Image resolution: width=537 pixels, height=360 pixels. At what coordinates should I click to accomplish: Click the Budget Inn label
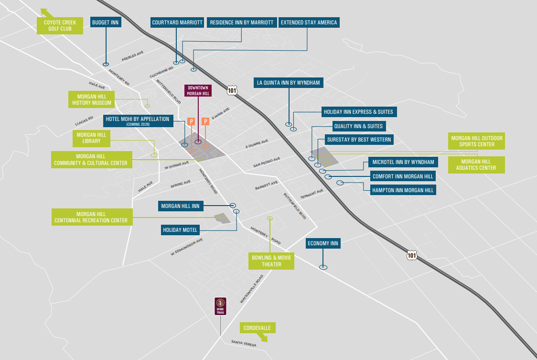106,22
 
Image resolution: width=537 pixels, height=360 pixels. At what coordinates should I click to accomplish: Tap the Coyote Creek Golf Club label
60,25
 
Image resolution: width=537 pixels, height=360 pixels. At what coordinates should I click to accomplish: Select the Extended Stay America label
309,22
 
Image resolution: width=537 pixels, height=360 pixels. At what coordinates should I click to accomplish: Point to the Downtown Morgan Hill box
198,91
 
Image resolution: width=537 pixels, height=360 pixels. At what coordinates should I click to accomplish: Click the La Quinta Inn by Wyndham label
289,83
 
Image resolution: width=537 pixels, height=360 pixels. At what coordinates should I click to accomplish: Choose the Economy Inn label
323,244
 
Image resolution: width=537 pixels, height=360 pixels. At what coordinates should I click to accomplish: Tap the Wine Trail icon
220,306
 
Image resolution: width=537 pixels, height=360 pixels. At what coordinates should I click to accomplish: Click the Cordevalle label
257,328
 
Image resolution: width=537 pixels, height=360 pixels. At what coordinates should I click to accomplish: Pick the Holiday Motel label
180,230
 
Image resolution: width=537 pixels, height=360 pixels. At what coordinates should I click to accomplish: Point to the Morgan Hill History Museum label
92,99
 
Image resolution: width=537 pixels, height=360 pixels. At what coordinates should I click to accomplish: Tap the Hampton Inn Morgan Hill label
403,190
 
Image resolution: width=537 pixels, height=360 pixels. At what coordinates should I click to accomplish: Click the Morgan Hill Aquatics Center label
476,164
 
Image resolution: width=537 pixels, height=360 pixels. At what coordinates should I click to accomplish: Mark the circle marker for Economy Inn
323,267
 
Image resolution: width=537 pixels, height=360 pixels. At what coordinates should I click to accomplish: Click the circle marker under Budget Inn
106,64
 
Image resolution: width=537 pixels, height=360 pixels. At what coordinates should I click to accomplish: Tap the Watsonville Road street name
252,289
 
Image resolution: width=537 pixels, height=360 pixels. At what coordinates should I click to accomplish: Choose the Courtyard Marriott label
177,22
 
